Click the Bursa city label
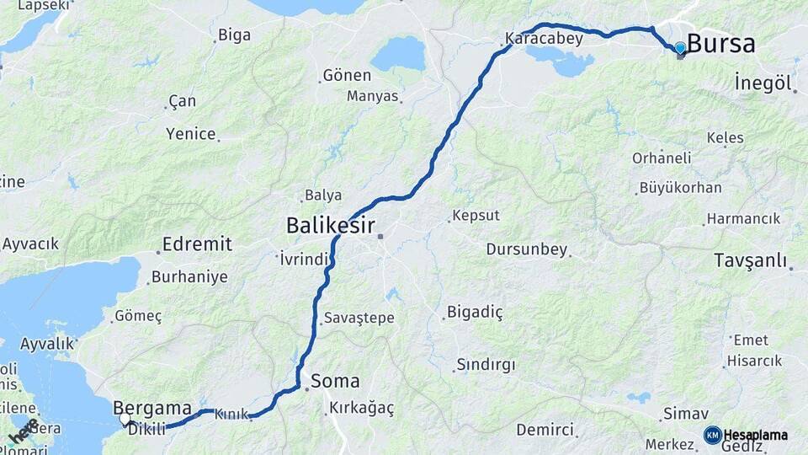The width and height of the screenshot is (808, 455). coord(721,44)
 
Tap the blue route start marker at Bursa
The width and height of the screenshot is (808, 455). coord(680,49)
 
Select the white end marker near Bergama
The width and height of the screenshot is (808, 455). coord(125,419)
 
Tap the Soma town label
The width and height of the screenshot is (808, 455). coord(335,380)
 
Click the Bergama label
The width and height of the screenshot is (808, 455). coord(152,407)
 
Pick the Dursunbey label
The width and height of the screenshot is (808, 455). coord(527,249)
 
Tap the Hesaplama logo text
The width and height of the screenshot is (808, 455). coord(756,435)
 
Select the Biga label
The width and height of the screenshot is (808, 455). coord(234,35)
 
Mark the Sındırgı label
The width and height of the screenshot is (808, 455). coord(485,365)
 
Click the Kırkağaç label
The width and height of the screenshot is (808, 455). coord(362,408)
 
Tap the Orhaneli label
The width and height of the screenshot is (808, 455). coord(662,158)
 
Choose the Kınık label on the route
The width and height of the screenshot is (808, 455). coord(231,415)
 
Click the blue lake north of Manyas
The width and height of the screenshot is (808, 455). coord(398,54)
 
